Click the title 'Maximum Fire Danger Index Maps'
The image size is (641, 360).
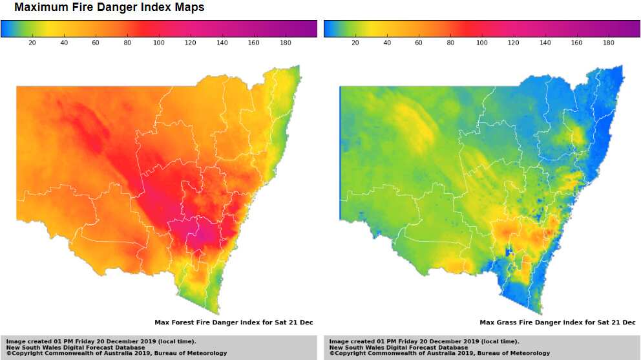pos(109,8)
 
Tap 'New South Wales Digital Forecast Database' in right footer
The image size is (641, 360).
pos(399,347)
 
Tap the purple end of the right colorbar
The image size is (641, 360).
pos(636,28)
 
